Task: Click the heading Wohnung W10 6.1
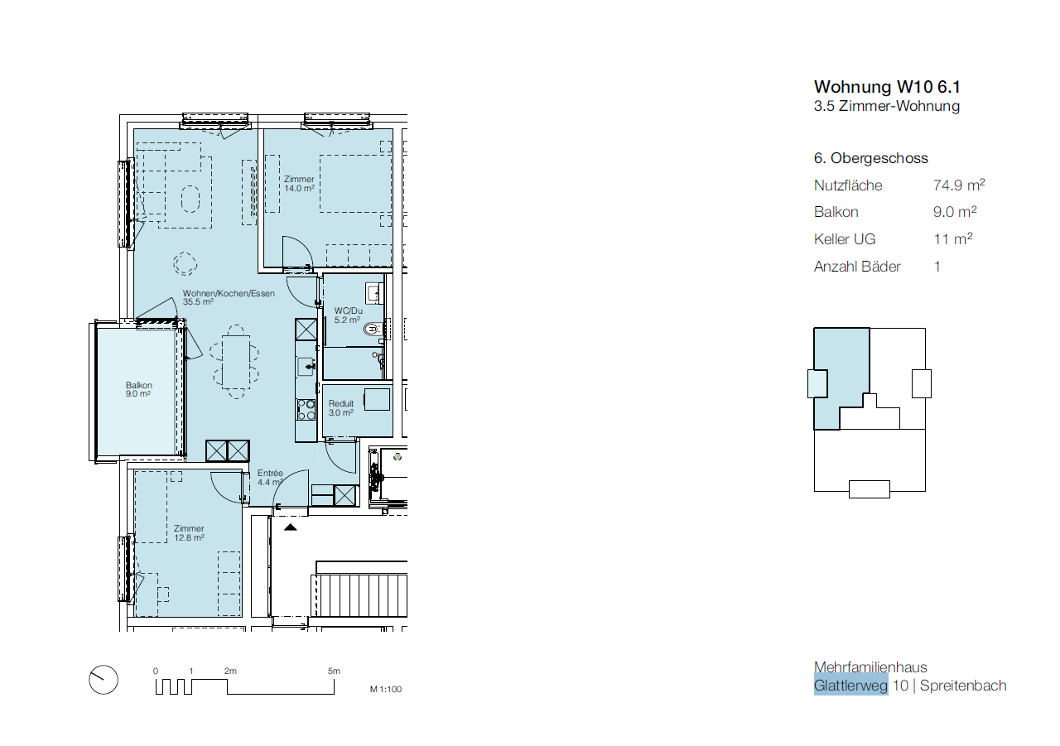click(x=887, y=87)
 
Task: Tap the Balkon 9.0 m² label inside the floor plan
click(x=138, y=389)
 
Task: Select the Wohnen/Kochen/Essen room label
click(x=229, y=297)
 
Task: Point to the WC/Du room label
click(x=348, y=315)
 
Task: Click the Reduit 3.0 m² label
click(x=341, y=407)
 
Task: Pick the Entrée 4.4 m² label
click(x=270, y=477)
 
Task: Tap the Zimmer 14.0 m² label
click(x=299, y=184)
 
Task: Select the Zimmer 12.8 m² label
click(x=189, y=532)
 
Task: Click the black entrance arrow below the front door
click(x=290, y=527)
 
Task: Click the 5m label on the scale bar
click(x=334, y=671)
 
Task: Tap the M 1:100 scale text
click(x=386, y=689)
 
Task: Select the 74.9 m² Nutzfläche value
click(x=959, y=185)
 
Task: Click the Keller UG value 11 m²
click(x=952, y=238)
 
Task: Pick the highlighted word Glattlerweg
click(x=850, y=686)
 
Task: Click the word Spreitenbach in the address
click(x=963, y=686)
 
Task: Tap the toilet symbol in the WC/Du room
click(x=373, y=329)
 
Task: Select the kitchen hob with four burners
click(x=306, y=410)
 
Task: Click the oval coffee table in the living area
click(x=190, y=200)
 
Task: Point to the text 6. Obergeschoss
click(x=870, y=158)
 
